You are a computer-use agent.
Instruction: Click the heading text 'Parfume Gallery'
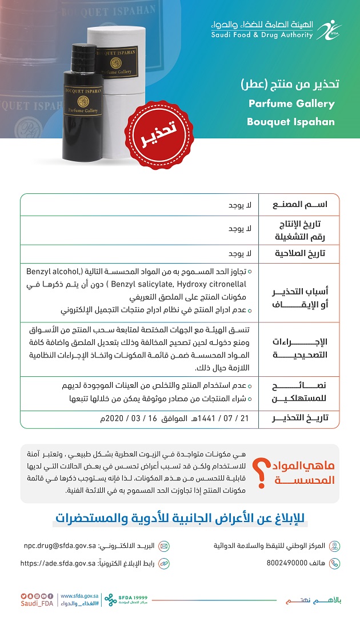click(291, 103)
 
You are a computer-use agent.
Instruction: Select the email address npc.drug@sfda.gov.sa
click(59, 546)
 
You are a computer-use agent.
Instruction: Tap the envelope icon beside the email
click(164, 546)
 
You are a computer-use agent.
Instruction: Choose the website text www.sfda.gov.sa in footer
click(81, 595)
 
